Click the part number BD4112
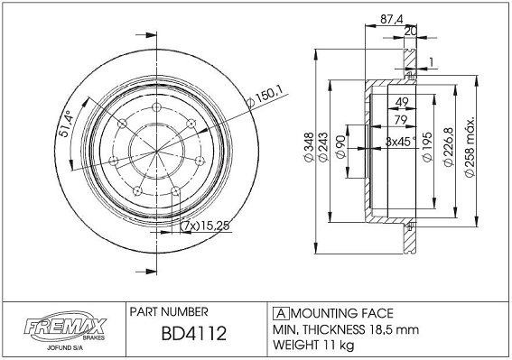(193, 333)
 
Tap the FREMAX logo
(65, 327)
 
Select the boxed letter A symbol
(281, 313)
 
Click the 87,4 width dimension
(392, 19)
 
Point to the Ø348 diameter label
(309, 147)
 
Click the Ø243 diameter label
(322, 147)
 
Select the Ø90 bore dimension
(340, 147)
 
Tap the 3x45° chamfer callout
(401, 142)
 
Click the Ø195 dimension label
(427, 146)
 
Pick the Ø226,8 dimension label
(449, 147)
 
